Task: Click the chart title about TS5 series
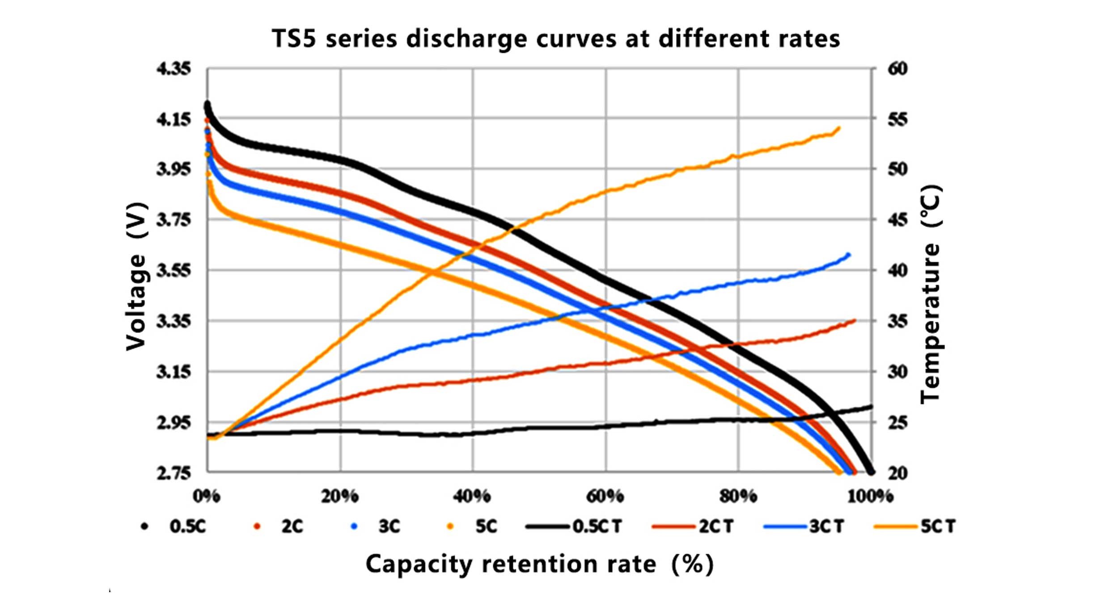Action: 556,38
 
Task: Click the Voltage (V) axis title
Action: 136,276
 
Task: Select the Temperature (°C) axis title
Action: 931,294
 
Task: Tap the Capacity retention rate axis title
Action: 539,564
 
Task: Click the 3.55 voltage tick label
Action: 174,270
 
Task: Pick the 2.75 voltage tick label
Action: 174,473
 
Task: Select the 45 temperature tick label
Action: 897,220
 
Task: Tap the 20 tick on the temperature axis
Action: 897,473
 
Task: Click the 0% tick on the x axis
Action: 207,496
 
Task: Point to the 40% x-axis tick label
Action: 472,496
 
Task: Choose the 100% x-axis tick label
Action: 870,496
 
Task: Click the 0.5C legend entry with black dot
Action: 174,526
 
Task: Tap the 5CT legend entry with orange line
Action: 915,526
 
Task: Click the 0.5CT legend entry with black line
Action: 574,526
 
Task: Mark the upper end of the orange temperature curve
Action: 838,128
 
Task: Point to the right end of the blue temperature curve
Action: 848,255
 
